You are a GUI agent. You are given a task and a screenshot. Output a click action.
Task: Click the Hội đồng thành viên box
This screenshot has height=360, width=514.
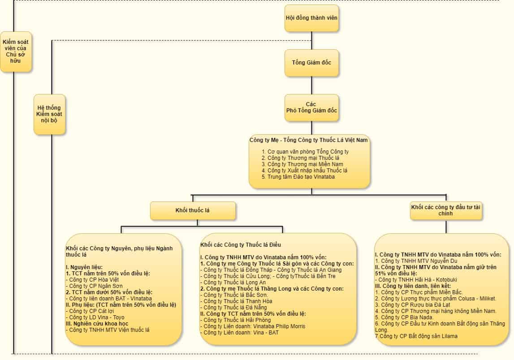311,18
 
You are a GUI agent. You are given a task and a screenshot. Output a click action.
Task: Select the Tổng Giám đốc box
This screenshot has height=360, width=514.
311,63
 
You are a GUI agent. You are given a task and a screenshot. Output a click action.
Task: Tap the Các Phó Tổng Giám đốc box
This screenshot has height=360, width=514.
311,107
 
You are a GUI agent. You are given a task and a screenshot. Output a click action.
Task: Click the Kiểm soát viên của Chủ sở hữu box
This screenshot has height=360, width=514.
16,51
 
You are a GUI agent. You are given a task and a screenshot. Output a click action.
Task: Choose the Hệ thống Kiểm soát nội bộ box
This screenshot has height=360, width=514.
49,114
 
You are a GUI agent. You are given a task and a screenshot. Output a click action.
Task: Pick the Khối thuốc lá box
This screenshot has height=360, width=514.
193,210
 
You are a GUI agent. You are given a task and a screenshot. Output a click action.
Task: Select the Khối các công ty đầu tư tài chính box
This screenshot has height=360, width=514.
446,210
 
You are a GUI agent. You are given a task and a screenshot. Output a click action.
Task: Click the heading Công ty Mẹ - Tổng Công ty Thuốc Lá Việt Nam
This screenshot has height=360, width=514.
309,140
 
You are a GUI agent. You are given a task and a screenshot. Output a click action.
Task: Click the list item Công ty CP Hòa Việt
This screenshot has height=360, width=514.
89,280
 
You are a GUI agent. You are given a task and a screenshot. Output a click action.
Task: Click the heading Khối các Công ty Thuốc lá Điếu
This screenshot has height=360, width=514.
240,244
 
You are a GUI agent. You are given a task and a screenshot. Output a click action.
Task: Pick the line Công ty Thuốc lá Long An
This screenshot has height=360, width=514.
233,282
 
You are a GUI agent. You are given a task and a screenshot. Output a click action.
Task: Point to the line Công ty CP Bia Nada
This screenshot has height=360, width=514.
405,317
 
